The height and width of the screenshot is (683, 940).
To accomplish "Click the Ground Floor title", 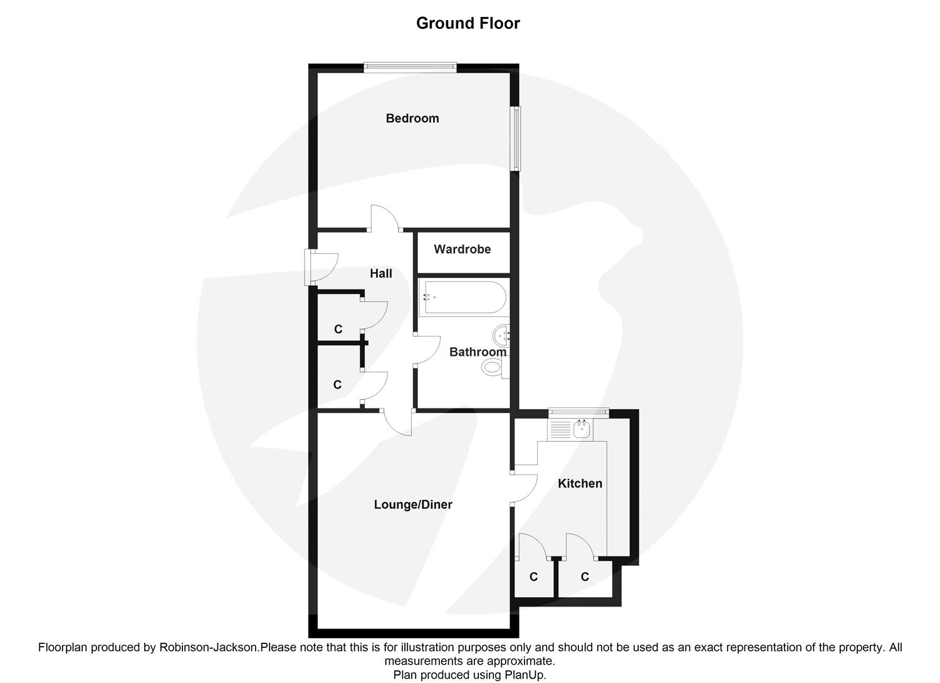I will (x=468, y=23).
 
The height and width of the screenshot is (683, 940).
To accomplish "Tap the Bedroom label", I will (x=412, y=118).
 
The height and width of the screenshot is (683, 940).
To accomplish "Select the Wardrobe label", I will (x=462, y=249).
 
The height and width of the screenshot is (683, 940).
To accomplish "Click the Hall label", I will (x=380, y=273).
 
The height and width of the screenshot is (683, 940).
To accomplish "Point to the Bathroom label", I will (x=478, y=352).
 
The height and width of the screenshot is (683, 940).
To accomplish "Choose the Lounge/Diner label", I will (x=412, y=504).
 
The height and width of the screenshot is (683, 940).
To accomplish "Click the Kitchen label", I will (x=580, y=484).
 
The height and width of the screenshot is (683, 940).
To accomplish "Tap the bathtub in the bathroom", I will (x=463, y=297).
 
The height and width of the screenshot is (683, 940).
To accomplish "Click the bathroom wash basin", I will (x=503, y=335).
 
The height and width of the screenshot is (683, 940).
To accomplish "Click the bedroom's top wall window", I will (x=410, y=66).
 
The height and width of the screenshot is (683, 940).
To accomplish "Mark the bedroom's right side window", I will (x=515, y=138).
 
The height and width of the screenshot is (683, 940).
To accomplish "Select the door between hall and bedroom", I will (x=385, y=219).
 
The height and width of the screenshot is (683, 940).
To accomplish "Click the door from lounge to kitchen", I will (x=525, y=488).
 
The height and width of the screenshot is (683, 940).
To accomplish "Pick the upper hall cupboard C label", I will (x=338, y=329).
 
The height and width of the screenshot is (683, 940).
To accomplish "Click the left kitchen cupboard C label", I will (x=533, y=576).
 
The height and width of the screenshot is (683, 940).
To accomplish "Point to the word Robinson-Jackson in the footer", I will (x=206, y=647).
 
